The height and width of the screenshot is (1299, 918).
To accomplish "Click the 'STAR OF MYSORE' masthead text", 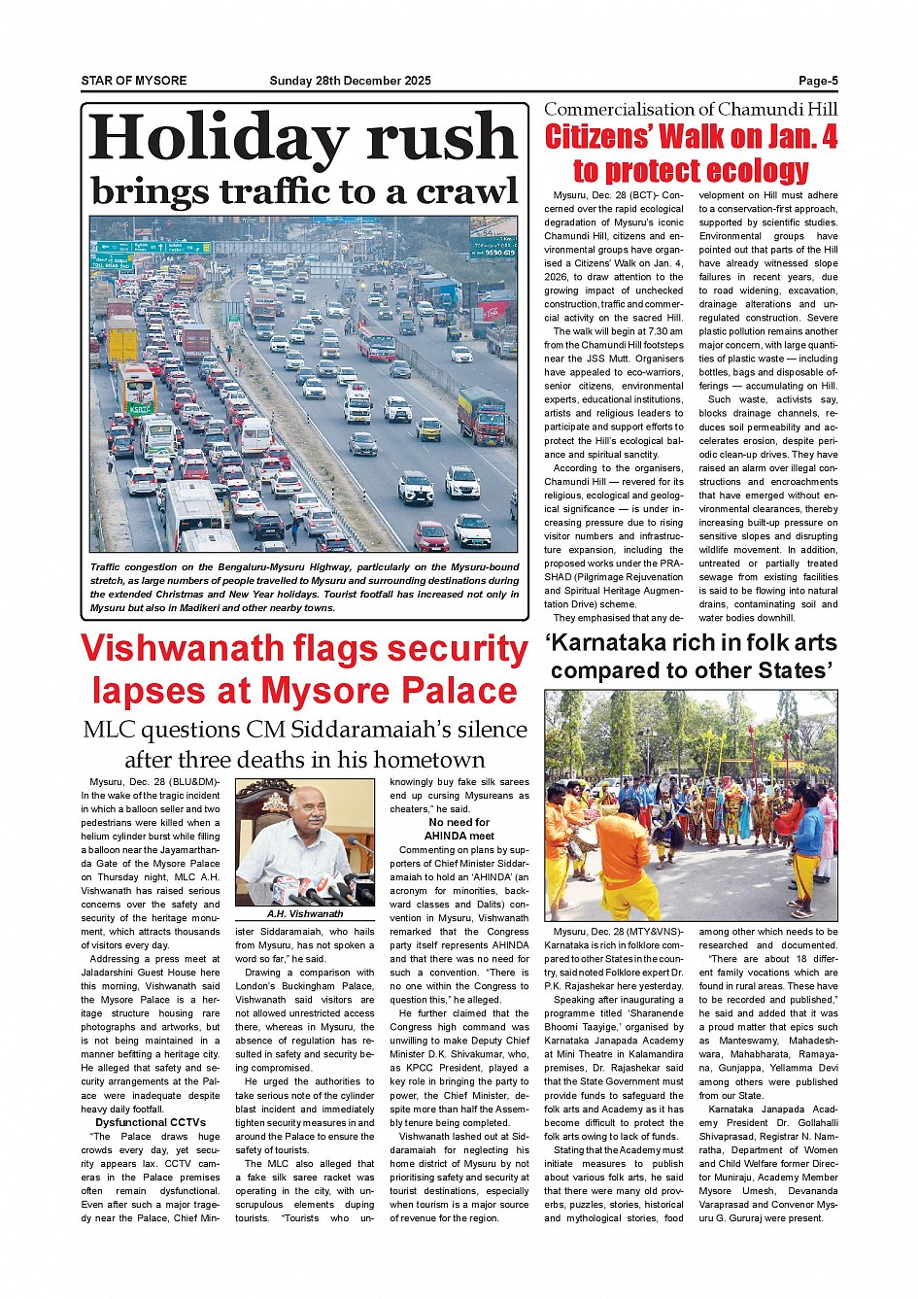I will [x=134, y=81].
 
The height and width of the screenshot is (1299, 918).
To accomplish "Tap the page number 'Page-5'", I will [x=818, y=81].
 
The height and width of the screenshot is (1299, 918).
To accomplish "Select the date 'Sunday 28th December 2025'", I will [x=350, y=81].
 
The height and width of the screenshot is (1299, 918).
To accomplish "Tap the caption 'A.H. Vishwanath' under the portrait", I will [x=305, y=913].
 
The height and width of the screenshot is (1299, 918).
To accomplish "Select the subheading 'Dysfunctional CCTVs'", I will [x=151, y=1122].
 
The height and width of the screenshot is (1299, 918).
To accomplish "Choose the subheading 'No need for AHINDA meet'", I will [x=459, y=829].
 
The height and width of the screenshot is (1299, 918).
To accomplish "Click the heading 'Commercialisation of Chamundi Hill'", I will [x=690, y=110].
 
